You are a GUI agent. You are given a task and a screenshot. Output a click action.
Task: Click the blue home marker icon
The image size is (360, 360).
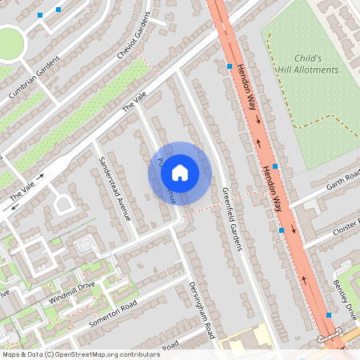pyautogui.click(x=180, y=172)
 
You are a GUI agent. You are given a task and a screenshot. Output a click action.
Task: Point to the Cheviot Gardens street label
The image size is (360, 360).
pyautogui.click(x=133, y=38)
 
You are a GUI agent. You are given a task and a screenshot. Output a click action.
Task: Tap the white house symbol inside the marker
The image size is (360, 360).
pyautogui.click(x=180, y=172)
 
